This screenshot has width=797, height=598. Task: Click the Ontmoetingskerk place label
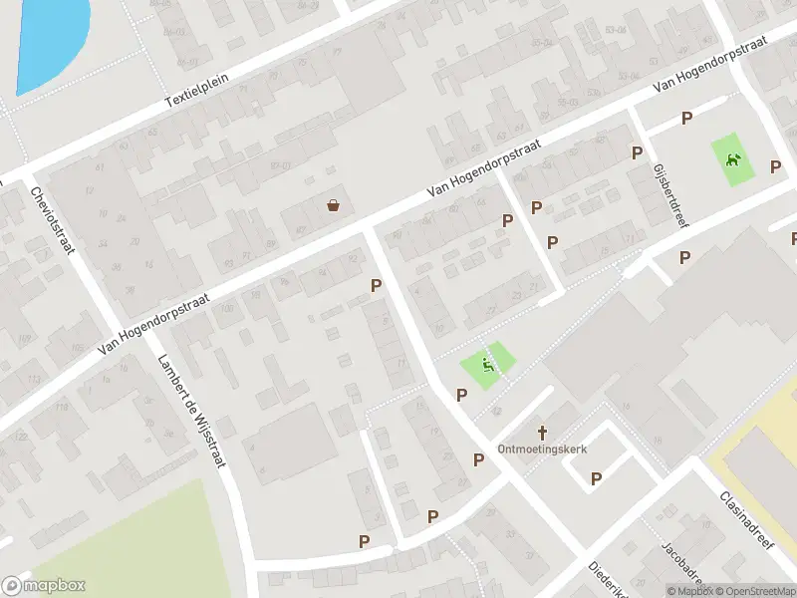(x=543, y=448)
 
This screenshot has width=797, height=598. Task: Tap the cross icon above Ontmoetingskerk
(x=543, y=433)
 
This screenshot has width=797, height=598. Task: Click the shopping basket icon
(x=333, y=205)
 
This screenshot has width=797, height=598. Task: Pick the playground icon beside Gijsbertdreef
(x=734, y=159)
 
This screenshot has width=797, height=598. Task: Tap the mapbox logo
(x=44, y=586)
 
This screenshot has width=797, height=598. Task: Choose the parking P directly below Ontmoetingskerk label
(x=596, y=478)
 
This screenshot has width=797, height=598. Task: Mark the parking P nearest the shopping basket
(x=376, y=285)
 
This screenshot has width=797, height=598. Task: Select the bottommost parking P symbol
(x=365, y=541)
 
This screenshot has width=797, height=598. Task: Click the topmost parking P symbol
(x=686, y=119)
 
